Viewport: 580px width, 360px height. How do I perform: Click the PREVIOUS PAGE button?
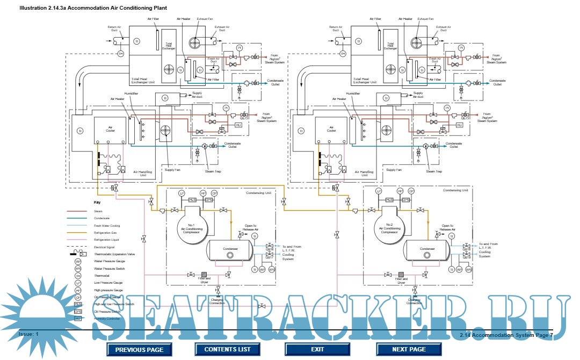click(x=139, y=349)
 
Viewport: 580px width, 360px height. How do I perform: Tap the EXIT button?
click(x=317, y=349)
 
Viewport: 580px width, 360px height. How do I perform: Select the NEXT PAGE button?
click(x=409, y=349)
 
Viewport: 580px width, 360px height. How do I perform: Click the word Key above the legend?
click(x=97, y=203)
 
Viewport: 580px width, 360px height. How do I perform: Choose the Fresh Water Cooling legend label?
click(x=106, y=225)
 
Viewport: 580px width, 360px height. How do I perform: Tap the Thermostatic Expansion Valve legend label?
click(x=114, y=253)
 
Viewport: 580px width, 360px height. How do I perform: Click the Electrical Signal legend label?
click(x=104, y=246)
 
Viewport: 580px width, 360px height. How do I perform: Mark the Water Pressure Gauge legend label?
click(x=110, y=261)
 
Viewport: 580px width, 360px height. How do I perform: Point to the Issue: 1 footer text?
click(x=29, y=334)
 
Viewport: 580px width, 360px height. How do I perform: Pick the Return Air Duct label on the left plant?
click(x=116, y=28)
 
